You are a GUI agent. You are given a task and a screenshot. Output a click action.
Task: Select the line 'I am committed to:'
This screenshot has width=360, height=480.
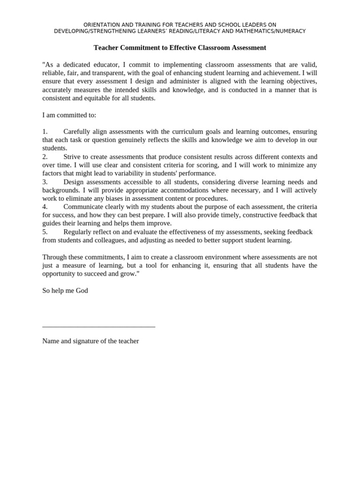click(x=69, y=115)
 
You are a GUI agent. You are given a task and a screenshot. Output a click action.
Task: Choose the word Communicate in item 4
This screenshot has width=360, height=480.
click(x=83, y=207)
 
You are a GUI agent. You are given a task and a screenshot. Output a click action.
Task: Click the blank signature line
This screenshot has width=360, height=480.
click(x=98, y=326)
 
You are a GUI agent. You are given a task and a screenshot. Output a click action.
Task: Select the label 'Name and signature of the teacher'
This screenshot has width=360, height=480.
click(x=90, y=341)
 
